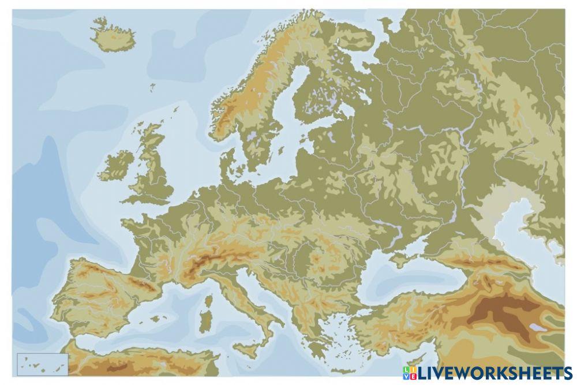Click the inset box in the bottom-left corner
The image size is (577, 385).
pyautogui.click(x=43, y=364)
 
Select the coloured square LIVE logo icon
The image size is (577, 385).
pyautogui.click(x=409, y=373)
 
